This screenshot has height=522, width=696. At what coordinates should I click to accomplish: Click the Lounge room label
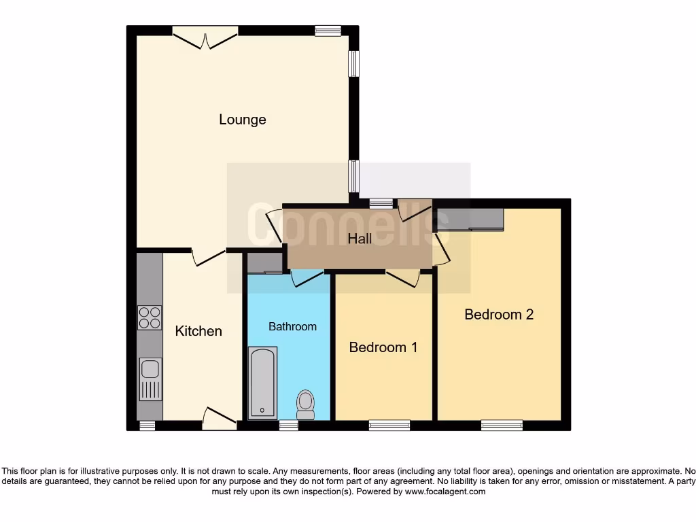pos(242,120)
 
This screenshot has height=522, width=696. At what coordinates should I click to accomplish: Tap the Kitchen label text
pos(198,331)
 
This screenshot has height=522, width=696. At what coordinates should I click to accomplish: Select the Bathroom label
pos(292,326)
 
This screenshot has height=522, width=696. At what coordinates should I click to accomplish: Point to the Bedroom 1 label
pos(383,347)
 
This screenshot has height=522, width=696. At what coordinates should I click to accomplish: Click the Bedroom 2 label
pos(499,314)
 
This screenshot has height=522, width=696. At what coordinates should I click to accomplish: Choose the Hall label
pos(360,239)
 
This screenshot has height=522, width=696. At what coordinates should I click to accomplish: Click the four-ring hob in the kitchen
pos(150,317)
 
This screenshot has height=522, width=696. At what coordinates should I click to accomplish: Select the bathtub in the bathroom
pos(262,382)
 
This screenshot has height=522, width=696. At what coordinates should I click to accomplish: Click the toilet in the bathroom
pos(305,404)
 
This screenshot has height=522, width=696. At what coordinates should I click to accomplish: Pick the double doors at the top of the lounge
pos(205,37)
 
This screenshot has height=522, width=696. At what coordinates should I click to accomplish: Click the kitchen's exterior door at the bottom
pos(219,417)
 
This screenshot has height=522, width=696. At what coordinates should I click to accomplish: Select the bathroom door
pos(307,277)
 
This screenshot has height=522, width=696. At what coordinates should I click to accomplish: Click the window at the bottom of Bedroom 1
pos(389,425)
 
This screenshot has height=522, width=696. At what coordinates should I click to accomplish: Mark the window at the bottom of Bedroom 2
pos(502,425)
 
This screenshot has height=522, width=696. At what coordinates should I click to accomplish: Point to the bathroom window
pos(288,425)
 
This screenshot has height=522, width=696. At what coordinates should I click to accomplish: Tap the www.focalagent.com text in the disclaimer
pos(445,491)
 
